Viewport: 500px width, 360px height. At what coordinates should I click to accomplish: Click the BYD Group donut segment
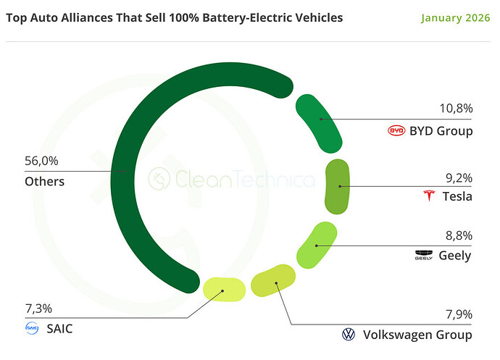(x=319, y=123)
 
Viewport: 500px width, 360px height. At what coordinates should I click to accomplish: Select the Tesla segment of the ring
(x=337, y=187)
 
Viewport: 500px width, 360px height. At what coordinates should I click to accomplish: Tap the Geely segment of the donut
(x=317, y=246)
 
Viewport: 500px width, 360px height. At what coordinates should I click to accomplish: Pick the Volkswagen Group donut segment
(x=273, y=280)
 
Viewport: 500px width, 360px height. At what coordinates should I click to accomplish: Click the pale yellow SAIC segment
(x=224, y=290)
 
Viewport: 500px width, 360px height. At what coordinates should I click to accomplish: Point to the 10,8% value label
(x=456, y=109)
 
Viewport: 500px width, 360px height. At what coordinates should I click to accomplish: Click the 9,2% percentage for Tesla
(x=459, y=178)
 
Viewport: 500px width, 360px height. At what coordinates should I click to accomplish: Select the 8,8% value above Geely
(x=459, y=235)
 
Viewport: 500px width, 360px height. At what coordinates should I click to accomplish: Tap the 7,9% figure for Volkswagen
(x=459, y=314)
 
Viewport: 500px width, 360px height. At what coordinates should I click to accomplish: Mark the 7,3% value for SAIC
(x=38, y=309)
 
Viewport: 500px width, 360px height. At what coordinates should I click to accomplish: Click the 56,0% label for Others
(x=41, y=161)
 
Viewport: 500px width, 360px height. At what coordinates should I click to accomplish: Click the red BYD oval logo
(x=396, y=130)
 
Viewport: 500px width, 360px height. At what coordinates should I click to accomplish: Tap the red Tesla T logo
(x=429, y=196)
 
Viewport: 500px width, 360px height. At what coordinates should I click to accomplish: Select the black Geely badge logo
(x=424, y=255)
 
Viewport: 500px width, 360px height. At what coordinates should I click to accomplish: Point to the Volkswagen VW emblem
(x=349, y=335)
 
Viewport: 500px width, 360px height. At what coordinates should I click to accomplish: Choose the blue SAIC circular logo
(x=32, y=328)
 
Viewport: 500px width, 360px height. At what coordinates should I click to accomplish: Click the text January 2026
(x=455, y=18)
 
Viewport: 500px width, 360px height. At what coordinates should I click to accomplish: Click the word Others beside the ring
(x=45, y=181)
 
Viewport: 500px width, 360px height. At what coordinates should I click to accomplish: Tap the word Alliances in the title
(x=87, y=18)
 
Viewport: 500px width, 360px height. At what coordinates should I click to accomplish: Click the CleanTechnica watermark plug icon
(x=159, y=179)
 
